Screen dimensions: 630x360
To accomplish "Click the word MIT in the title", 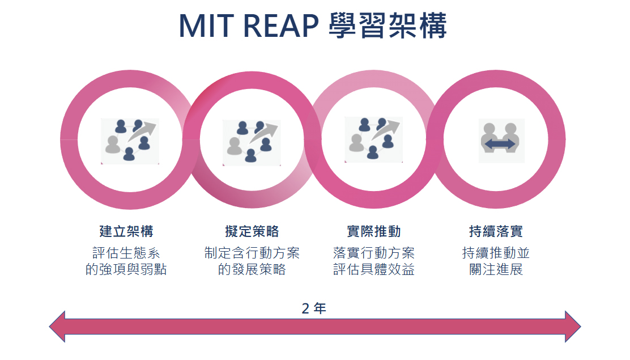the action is tap(207, 26).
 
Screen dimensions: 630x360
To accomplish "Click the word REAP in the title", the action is tap(281, 26).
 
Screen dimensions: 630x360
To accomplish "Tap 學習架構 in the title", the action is tap(388, 26).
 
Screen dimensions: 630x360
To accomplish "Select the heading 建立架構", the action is tap(126, 231).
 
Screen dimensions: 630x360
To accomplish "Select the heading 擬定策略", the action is tap(252, 231).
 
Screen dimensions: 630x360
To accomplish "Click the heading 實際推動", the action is tap(374, 231).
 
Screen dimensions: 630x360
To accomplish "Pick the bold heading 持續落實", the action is tap(496, 231).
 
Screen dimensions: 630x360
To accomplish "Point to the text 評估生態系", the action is tap(126, 253).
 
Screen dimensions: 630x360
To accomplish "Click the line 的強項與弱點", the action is tap(126, 269).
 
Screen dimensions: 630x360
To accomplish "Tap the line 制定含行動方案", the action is tap(252, 253).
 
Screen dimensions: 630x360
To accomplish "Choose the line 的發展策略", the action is tap(252, 269).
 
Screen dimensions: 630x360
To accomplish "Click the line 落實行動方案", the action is tap(374, 253).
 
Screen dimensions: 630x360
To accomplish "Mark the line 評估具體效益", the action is tap(374, 269).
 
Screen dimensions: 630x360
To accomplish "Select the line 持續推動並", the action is tap(496, 253).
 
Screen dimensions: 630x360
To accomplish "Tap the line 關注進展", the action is tap(496, 269).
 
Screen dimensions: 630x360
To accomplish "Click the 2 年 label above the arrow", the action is tap(314, 308).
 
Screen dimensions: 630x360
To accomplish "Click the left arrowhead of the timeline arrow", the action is tap(57, 326).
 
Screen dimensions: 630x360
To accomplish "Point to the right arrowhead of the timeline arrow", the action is tap(573, 326).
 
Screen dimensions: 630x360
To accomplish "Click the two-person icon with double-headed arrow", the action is tap(501, 141).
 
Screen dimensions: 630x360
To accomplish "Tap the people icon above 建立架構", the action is tap(130, 141).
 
